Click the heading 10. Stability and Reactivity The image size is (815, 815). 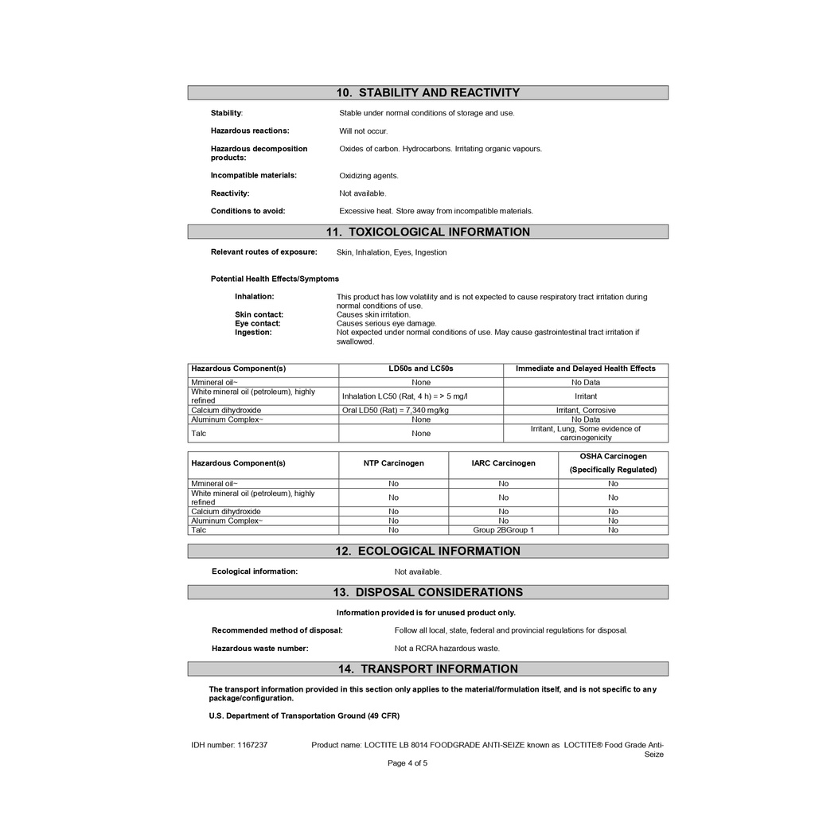point(427,92)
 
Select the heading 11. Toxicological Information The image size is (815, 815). point(427,232)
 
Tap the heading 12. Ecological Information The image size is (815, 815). point(427,551)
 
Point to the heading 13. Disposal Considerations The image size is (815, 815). point(427,592)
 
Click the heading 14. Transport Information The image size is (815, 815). point(427,669)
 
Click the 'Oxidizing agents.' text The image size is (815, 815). point(369,176)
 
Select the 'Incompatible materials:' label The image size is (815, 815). point(253,175)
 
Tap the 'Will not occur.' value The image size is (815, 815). point(363,131)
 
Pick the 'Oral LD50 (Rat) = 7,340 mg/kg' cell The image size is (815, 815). point(395,411)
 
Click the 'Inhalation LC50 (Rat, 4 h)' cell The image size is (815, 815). point(405,396)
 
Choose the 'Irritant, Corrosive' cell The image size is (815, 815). point(585,411)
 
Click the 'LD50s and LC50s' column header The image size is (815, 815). point(421,369)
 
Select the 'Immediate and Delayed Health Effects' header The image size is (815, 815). point(585,369)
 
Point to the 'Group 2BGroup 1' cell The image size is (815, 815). point(503,530)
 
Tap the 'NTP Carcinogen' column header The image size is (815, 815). point(393,463)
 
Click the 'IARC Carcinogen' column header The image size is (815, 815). point(503,463)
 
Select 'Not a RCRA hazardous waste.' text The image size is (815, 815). point(446,649)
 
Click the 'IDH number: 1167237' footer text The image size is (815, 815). point(229,746)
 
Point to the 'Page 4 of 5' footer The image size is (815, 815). point(407,763)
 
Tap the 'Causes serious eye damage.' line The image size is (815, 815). point(386,324)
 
